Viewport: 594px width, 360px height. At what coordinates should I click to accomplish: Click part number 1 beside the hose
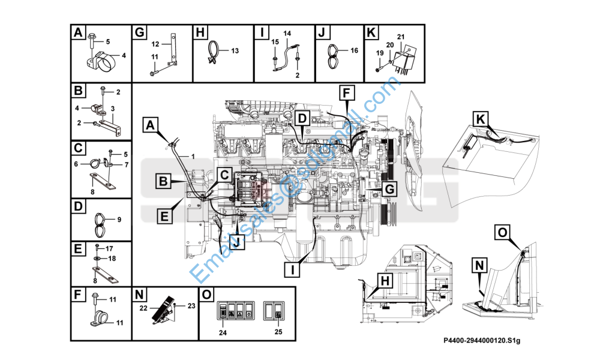point(193,157)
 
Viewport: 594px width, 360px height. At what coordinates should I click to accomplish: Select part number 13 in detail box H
point(235,51)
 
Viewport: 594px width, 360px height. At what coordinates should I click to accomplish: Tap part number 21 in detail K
point(401,37)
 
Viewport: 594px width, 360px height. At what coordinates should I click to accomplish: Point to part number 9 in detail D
point(119,220)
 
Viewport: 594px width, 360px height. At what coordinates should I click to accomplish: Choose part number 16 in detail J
point(354,51)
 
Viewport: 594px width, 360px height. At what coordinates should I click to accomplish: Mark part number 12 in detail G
point(154,44)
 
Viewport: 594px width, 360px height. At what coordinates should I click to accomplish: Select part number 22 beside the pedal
point(144,308)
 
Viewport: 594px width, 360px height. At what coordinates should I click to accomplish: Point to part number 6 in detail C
point(76,164)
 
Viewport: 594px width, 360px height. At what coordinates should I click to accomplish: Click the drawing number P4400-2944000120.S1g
point(481,341)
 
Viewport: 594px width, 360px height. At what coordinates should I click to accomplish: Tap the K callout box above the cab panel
point(481,119)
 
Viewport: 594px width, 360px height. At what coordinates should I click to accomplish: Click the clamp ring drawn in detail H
point(214,53)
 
